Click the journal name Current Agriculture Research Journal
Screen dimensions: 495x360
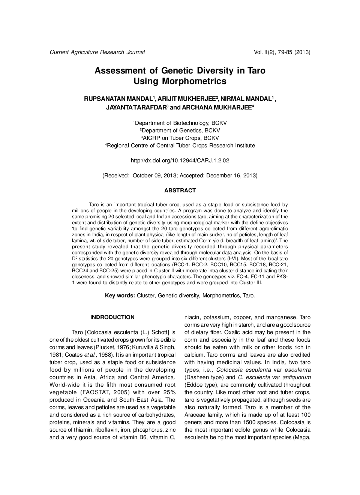coord(97,52)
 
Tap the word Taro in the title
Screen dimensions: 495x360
coord(256,70)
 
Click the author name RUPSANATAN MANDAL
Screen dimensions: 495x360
coord(118,99)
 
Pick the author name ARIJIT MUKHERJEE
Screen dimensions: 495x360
coord(186,99)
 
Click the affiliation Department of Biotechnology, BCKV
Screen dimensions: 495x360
coord(181,123)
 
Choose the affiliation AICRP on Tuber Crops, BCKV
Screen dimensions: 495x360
coord(181,138)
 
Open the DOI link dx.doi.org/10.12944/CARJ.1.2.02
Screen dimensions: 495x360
coord(180,160)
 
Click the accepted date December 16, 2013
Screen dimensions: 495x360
coord(231,175)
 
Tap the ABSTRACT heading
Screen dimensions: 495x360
coord(180,190)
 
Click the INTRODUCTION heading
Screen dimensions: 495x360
coord(112,317)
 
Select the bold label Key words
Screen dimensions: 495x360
coord(120,295)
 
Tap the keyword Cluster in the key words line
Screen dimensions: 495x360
coord(145,295)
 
